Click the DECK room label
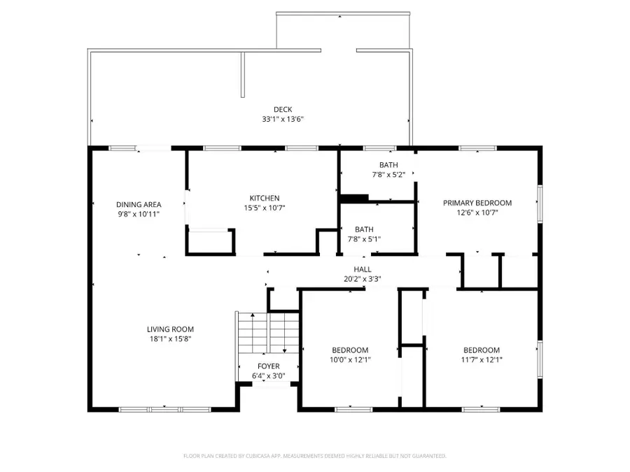283,109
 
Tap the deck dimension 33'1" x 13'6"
283,119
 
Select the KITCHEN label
265,198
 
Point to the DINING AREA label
139,204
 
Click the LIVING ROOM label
170,329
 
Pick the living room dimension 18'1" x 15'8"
170,339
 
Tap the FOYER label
268,366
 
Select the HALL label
362,269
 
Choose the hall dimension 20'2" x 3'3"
362,278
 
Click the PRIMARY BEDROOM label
477,203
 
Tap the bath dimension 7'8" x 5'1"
363,238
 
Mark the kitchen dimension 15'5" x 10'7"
265,208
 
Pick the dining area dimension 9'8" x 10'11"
139,214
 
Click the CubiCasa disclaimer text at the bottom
314,456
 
